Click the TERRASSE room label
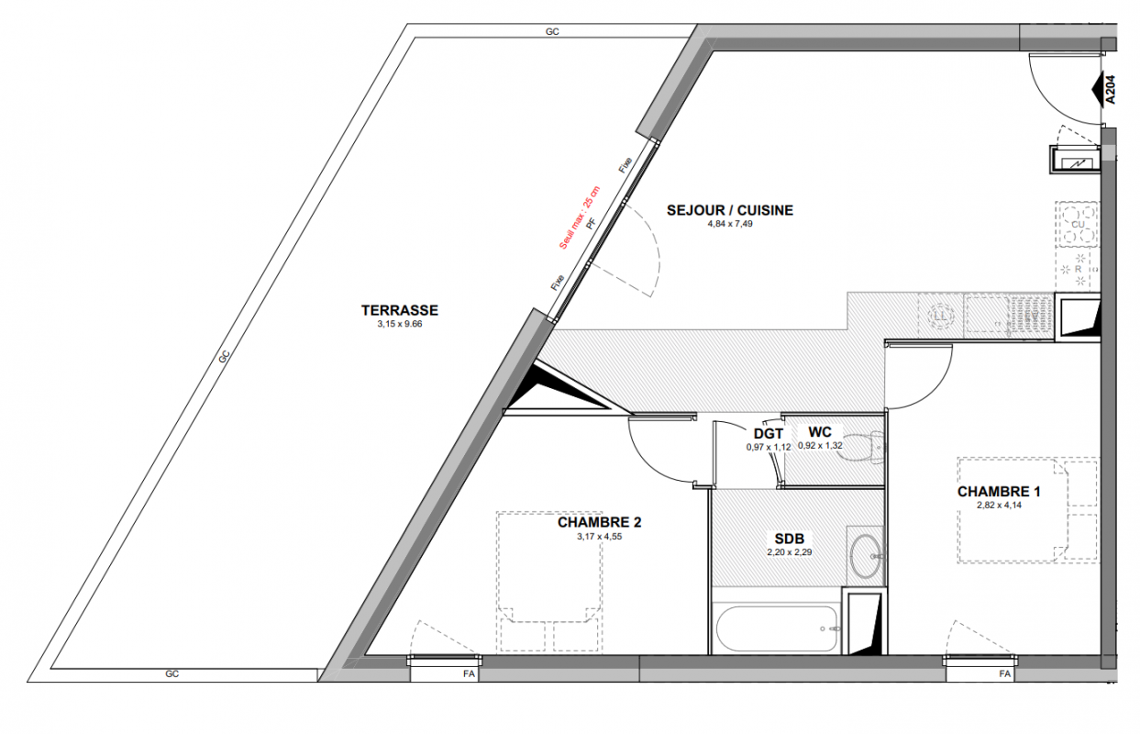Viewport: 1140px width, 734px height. pos(400,310)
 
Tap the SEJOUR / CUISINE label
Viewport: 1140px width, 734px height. pos(730,210)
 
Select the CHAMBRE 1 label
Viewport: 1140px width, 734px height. pos(999,492)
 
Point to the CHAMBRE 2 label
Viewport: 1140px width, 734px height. pos(599,522)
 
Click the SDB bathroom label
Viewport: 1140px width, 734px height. pos(790,539)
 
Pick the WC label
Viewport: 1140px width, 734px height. pos(820,432)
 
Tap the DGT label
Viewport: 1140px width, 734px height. pos(768,434)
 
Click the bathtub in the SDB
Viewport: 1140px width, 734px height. pos(776,628)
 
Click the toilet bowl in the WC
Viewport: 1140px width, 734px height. pos(860,448)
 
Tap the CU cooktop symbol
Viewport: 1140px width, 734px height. pos(1078,225)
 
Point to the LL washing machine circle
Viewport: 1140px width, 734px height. pos(940,317)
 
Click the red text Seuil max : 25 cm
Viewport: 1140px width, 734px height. pos(580,217)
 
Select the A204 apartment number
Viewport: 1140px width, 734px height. pos(1111,90)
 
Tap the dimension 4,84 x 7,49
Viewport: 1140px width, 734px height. pos(730,224)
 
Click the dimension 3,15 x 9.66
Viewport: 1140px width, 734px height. pos(400,324)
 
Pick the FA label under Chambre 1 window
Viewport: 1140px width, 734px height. pos(1004,674)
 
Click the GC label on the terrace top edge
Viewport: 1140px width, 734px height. pos(552,31)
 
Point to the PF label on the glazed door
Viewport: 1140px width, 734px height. pos(591,224)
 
